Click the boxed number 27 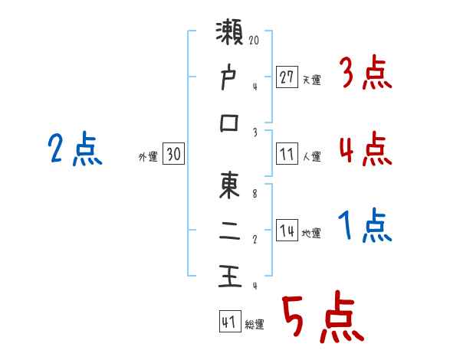pos(287,77)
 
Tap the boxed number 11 pos(287,155)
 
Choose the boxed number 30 pos(173,155)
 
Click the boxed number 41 pos(228,322)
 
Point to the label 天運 pos(311,80)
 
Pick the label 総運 pos(255,325)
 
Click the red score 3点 pos(366,75)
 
